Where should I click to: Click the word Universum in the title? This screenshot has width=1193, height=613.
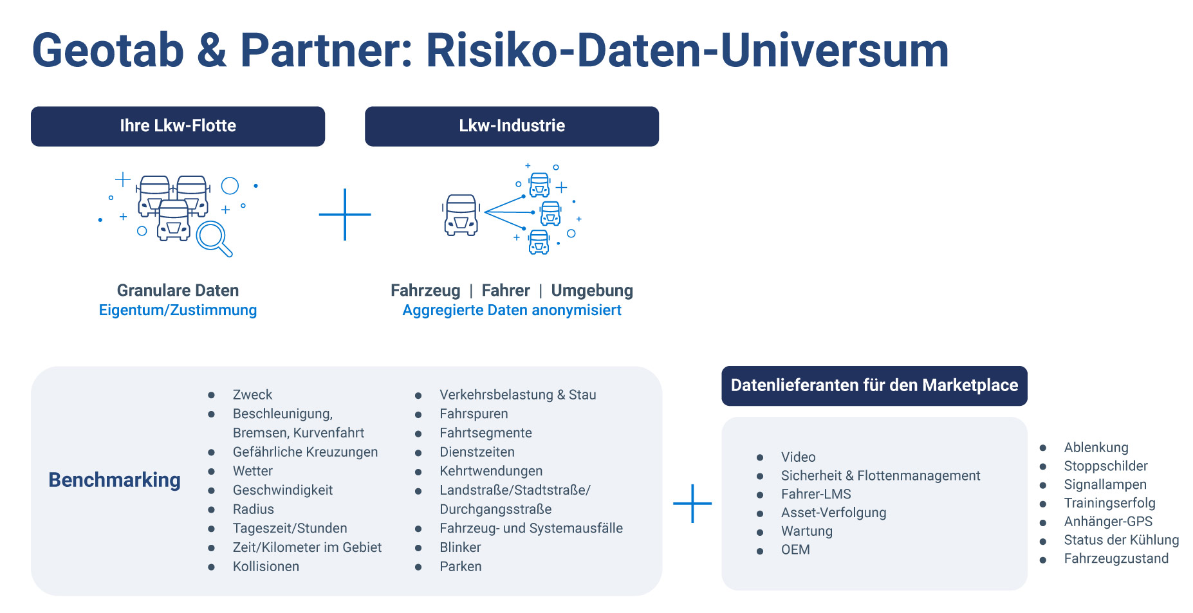tap(835, 50)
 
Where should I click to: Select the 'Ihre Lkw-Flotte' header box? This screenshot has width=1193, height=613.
tap(178, 126)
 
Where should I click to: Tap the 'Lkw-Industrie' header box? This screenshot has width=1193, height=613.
tap(512, 126)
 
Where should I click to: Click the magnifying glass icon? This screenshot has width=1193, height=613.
tap(214, 239)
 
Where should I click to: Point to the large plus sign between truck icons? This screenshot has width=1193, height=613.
tap(345, 214)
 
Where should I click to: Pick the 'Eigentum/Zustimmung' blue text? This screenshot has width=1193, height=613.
tap(178, 310)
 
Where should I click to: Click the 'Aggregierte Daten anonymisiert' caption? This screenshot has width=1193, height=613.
tap(512, 310)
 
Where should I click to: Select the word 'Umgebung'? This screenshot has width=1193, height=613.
tap(592, 291)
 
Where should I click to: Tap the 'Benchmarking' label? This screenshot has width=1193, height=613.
tap(115, 480)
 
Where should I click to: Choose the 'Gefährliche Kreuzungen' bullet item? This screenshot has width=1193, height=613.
tap(305, 452)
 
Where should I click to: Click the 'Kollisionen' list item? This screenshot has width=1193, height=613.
tap(266, 567)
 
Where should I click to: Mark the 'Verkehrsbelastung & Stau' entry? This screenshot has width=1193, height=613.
tap(517, 395)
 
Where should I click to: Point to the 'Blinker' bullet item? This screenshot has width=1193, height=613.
tap(460, 547)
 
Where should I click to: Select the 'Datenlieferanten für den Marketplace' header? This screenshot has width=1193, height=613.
tap(874, 385)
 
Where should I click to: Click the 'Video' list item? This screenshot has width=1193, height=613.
tap(798, 457)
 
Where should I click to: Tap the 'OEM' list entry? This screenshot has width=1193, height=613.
tap(795, 550)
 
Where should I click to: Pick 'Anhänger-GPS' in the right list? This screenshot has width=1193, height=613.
tap(1107, 522)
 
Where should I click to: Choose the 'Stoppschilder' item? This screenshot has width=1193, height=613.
tap(1105, 466)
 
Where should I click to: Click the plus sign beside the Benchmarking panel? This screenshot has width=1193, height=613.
tap(692, 503)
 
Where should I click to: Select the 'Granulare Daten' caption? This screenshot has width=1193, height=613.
tap(178, 291)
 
